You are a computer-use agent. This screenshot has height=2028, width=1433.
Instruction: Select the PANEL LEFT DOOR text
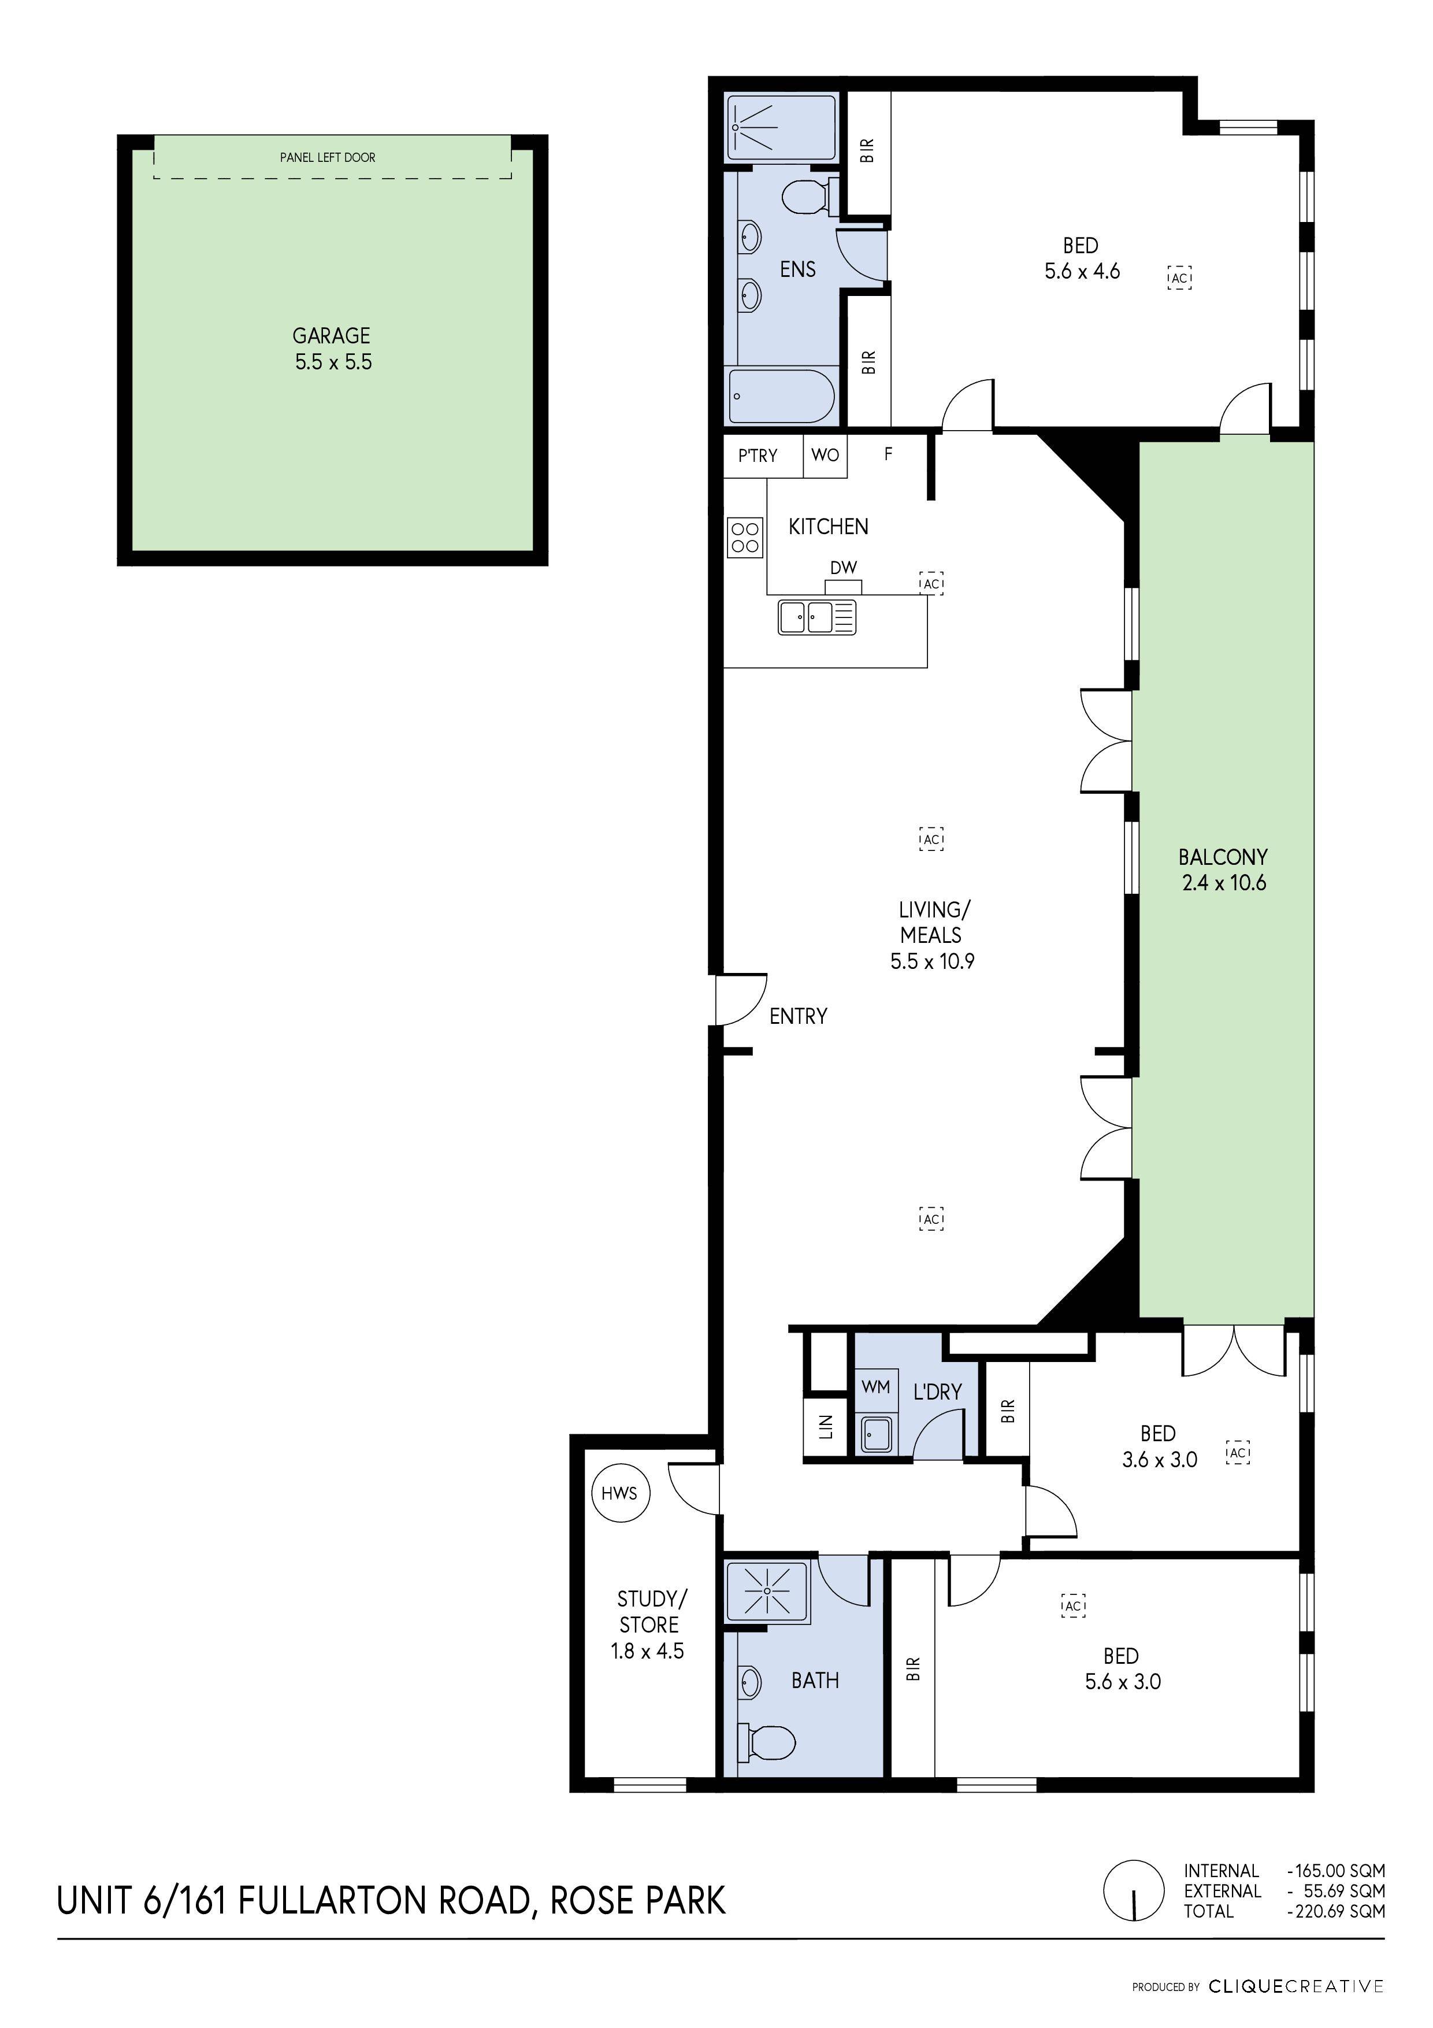(328, 157)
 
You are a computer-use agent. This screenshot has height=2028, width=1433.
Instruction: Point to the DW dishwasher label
(843, 568)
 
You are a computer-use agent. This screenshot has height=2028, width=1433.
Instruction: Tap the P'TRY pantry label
(758, 456)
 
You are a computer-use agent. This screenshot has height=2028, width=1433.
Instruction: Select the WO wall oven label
(825, 456)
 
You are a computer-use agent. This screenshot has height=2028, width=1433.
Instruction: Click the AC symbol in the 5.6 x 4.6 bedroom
(1179, 277)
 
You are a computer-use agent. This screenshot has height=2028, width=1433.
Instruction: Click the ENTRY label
(798, 1017)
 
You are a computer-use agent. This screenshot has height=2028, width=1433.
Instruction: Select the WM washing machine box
(876, 1387)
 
